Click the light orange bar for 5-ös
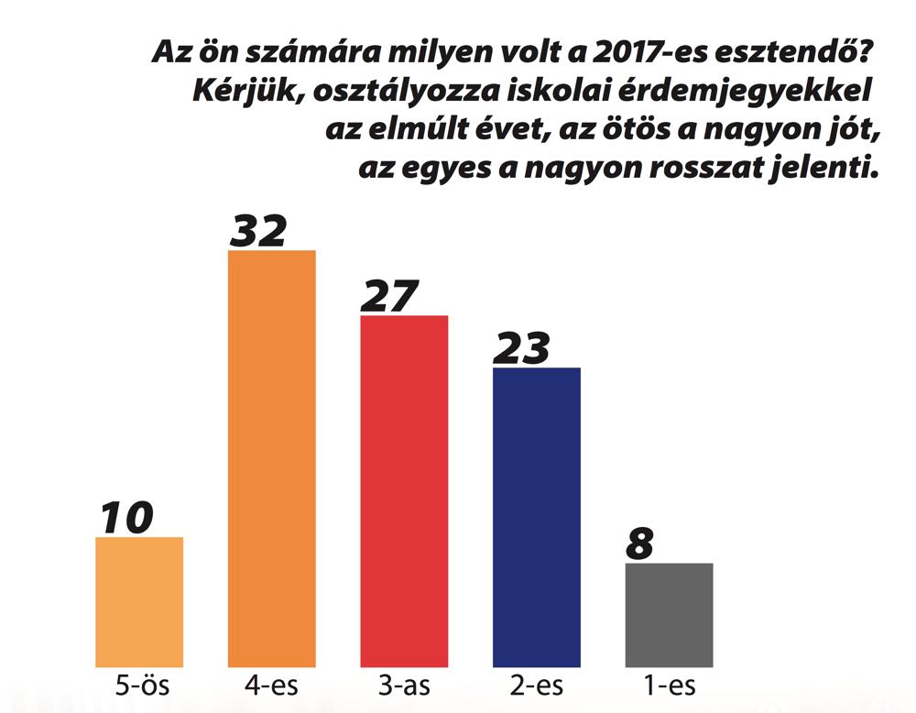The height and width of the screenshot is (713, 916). coord(139,601)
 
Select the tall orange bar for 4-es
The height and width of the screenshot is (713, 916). coord(271,458)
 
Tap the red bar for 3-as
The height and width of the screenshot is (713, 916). coord(404,490)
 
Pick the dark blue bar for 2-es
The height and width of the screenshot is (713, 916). coord(537,517)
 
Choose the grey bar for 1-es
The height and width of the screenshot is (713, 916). coord(669,614)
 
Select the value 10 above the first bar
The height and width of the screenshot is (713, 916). coord(126,518)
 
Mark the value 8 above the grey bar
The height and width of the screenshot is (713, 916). coord(640,544)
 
